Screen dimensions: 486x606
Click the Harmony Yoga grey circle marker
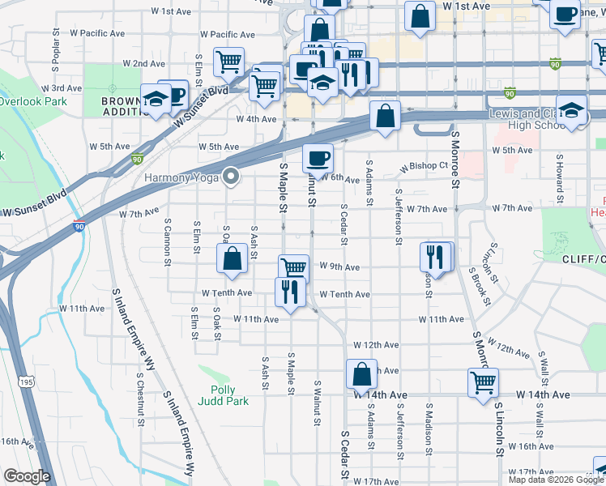tap(232, 177)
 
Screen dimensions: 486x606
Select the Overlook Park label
tap(32, 102)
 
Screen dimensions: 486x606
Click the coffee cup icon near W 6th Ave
tap(318, 157)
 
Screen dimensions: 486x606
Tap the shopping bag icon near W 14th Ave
tap(361, 374)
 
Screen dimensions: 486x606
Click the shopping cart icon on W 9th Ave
tap(293, 267)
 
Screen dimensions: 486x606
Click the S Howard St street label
tap(559, 178)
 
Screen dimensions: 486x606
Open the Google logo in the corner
tap(27, 477)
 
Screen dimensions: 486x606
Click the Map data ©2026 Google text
tap(555, 480)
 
